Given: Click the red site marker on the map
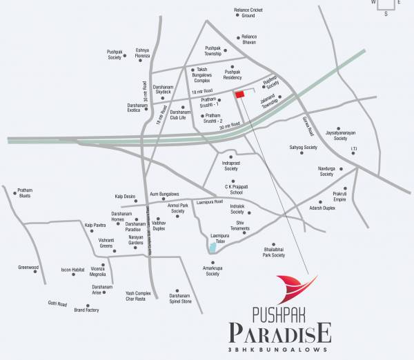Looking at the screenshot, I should tap(240, 94).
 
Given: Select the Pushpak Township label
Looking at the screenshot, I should tap(213, 51).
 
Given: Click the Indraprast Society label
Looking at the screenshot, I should tap(230, 166).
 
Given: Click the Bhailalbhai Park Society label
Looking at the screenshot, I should tap(268, 252).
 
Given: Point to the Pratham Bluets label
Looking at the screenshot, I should tap(25, 193).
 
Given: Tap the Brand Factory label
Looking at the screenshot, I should tap(87, 310).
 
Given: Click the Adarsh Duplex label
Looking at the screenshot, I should tap(322, 208).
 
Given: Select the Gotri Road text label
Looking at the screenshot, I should tap(57, 304).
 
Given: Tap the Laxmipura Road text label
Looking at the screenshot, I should tap(209, 202).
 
